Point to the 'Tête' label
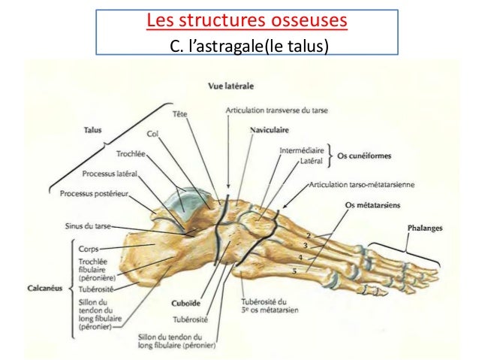pyautogui.click(x=179, y=113)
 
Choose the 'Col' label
pyautogui.click(x=152, y=134)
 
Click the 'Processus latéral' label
pyautogui.click(x=113, y=174)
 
